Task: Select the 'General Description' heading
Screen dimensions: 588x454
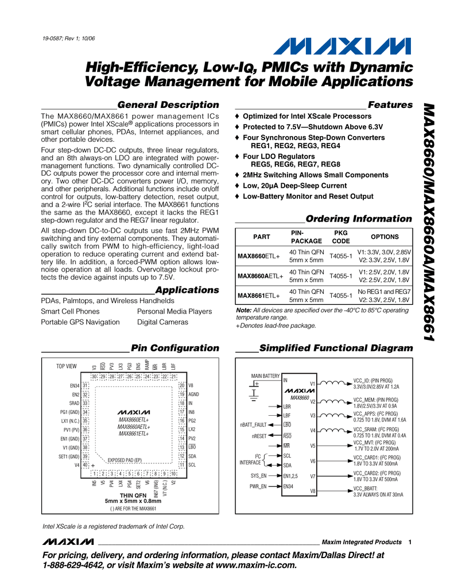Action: (168, 105)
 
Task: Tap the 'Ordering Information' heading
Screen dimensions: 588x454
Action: (359, 219)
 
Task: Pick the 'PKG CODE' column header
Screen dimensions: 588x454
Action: (341, 237)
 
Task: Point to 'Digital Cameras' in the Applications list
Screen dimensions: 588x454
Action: (161, 322)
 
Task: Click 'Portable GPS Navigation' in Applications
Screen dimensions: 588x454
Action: (80, 322)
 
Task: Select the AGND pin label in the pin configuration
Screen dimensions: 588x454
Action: (194, 394)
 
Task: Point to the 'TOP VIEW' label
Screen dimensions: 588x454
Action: (67, 366)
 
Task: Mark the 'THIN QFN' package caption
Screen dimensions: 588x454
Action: (133, 494)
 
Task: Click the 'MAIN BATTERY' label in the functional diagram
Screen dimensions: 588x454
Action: (265, 376)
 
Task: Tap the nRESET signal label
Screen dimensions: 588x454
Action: (259, 436)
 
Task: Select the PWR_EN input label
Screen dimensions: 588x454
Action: (258, 486)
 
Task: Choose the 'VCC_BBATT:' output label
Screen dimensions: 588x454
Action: (369, 488)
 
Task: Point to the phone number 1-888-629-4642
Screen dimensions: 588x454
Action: (75, 565)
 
